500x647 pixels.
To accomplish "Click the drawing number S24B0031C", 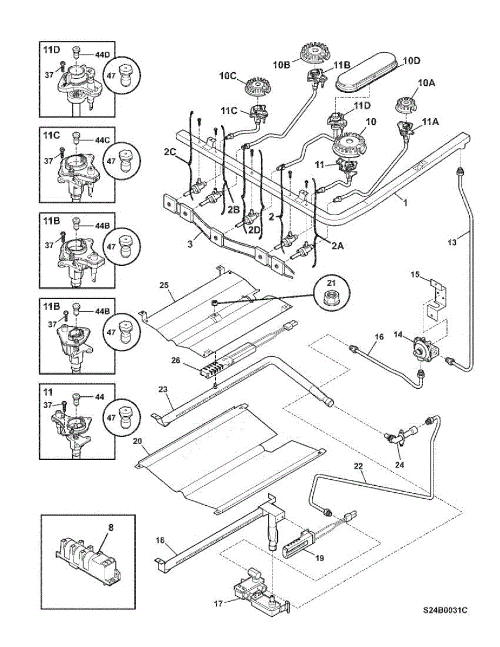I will (x=444, y=611).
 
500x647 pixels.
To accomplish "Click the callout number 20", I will (x=137, y=441).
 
